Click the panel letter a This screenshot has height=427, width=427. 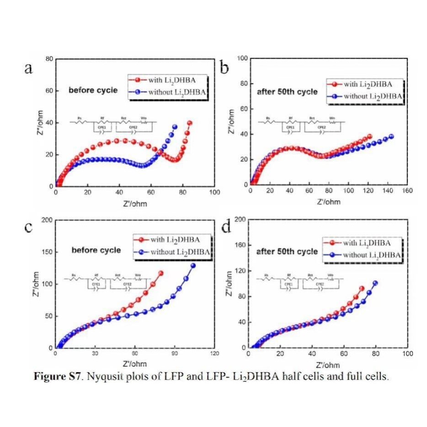28,69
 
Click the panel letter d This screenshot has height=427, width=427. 225,227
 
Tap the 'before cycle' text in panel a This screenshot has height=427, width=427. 93,91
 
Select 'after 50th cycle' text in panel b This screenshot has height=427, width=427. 287,92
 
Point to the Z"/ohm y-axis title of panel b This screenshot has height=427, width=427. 233,122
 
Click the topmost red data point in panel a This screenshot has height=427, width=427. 190,123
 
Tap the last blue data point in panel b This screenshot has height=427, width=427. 391,136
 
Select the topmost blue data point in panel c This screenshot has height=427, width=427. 193,266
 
